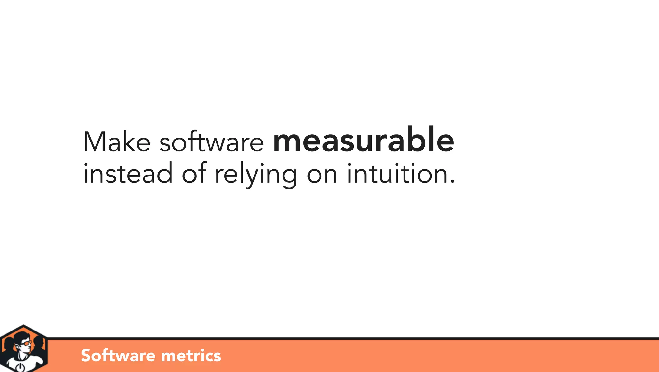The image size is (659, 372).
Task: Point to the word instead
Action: (x=128, y=174)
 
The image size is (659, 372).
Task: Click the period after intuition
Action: (x=452, y=182)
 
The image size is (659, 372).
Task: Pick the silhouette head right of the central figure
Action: (x=39, y=341)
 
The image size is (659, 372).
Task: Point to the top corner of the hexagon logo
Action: (x=23, y=325)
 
